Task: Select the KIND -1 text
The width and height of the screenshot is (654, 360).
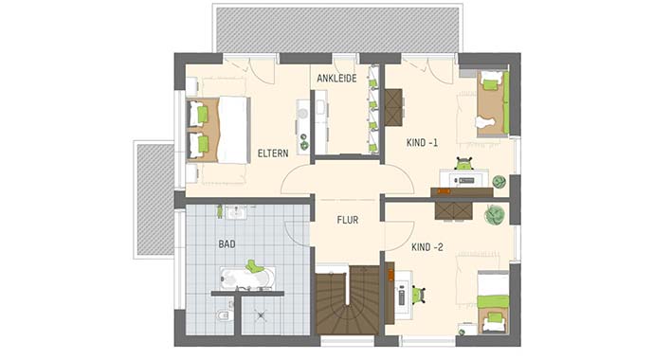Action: coord(423,143)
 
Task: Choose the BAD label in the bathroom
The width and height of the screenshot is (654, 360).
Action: coord(227,243)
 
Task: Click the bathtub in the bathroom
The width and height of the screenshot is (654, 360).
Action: coord(247,278)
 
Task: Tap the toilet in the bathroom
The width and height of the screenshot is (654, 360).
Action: coord(220,315)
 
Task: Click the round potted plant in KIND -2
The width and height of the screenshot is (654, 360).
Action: coord(493,215)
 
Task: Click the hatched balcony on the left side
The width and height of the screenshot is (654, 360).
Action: coord(154,199)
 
